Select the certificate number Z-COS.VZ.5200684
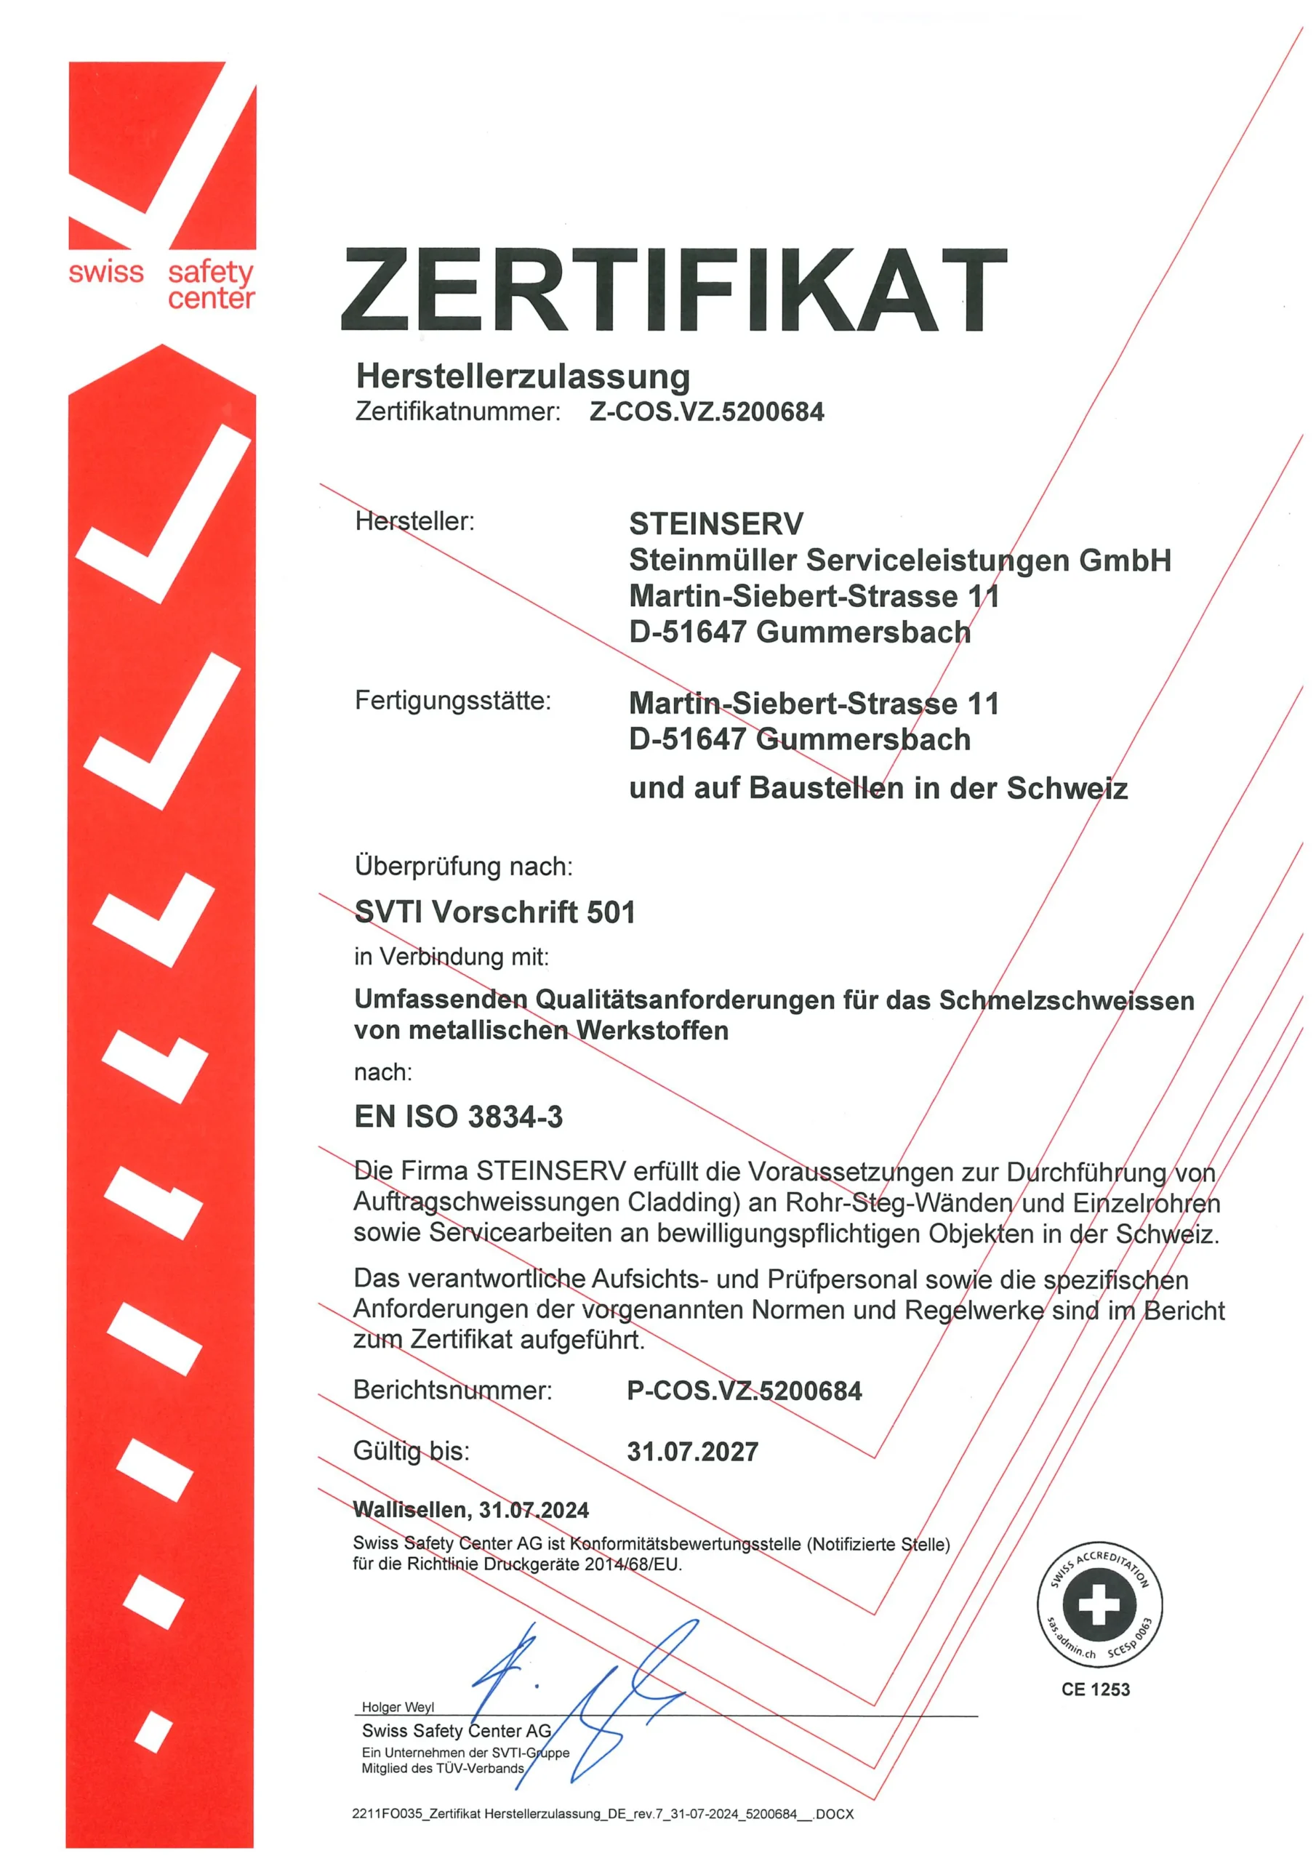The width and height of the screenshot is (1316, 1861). click(705, 411)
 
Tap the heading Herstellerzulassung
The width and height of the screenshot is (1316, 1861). click(523, 376)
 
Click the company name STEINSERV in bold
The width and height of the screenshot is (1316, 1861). click(716, 523)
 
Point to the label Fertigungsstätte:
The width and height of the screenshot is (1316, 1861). click(452, 700)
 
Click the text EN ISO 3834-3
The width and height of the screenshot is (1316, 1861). click(458, 1116)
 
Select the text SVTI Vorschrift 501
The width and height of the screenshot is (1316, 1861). click(494, 912)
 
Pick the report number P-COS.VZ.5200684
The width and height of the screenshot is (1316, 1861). click(744, 1391)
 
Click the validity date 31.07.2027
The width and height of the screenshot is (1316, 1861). click(692, 1451)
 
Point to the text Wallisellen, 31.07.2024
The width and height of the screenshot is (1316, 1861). click(470, 1509)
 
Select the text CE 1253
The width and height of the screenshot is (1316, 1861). click(1095, 1689)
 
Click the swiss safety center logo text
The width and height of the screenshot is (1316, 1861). click(161, 284)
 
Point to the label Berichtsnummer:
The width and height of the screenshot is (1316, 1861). click(452, 1390)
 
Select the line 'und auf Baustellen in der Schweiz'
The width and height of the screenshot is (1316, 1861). click(878, 788)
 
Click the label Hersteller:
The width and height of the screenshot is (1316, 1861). click(414, 521)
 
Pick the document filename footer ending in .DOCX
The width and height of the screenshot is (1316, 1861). click(603, 1814)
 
